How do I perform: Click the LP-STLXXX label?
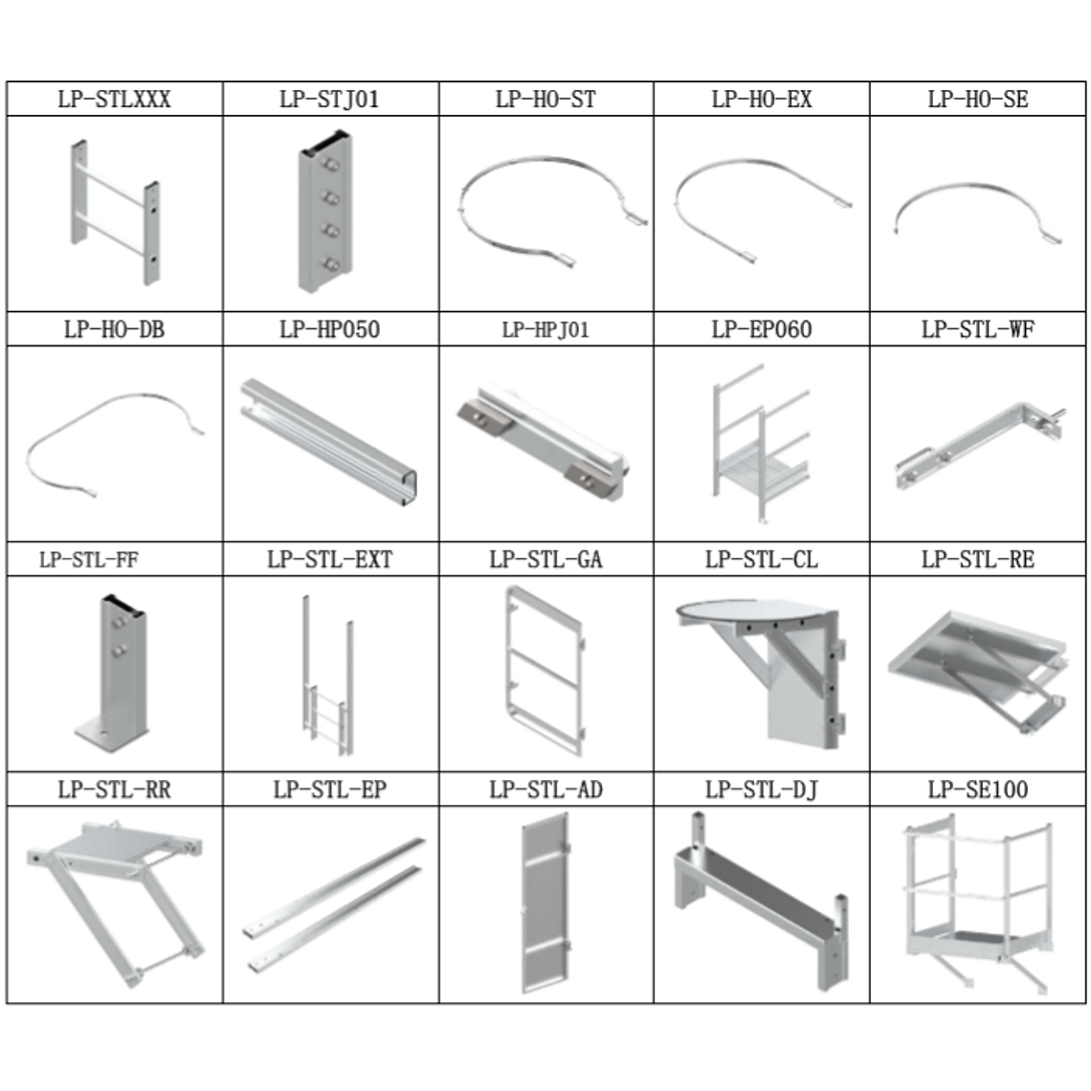click(114, 100)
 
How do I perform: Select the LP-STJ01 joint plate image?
click(325, 211)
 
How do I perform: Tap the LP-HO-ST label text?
click(545, 100)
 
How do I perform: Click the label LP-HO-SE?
click(977, 100)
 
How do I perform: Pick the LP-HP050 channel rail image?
click(329, 442)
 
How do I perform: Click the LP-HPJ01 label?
click(545, 329)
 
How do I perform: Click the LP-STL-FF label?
click(88, 560)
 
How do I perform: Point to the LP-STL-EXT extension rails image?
click(328, 675)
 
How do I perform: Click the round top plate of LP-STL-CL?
click(751, 611)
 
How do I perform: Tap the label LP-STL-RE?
click(977, 560)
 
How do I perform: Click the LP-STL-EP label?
click(330, 790)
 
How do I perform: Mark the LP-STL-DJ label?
click(762, 790)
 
